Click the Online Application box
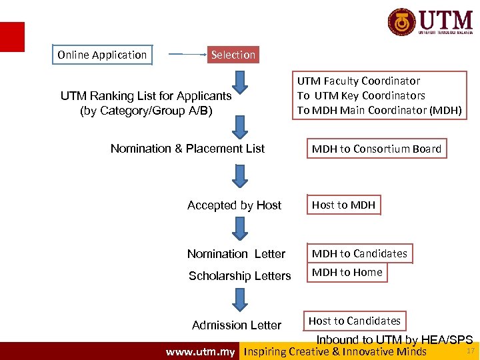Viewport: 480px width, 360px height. click(102, 55)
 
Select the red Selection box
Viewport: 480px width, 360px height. click(233, 55)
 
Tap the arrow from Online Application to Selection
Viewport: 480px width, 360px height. click(187, 55)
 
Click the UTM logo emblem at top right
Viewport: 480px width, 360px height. click(402, 23)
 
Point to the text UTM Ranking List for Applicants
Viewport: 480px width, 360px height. click(146, 96)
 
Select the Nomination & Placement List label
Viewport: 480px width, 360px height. click(187, 149)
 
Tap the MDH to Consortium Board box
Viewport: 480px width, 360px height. click(376, 149)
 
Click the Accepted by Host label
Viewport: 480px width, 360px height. click(234, 205)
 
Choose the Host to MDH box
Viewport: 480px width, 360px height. click(343, 205)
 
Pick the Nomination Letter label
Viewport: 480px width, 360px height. click(236, 254)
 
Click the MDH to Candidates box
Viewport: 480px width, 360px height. click(359, 253)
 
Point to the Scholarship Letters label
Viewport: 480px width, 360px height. click(239, 276)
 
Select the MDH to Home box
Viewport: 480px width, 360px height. click(347, 272)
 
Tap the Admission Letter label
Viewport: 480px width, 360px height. click(237, 325)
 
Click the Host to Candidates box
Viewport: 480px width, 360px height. click(354, 321)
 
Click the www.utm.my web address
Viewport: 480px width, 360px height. click(200, 352)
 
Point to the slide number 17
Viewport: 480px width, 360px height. click(470, 351)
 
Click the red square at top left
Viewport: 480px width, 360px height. click(12, 37)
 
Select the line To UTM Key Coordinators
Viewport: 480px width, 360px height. click(361, 95)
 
